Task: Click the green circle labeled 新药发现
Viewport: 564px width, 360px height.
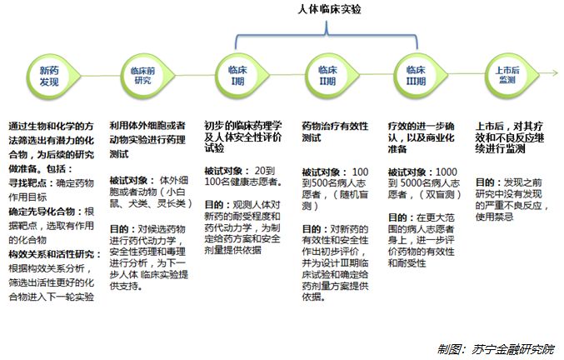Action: tap(51, 74)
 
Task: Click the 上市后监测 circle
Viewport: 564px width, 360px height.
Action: tap(505, 74)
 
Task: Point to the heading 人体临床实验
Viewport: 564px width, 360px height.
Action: tap(328, 11)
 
